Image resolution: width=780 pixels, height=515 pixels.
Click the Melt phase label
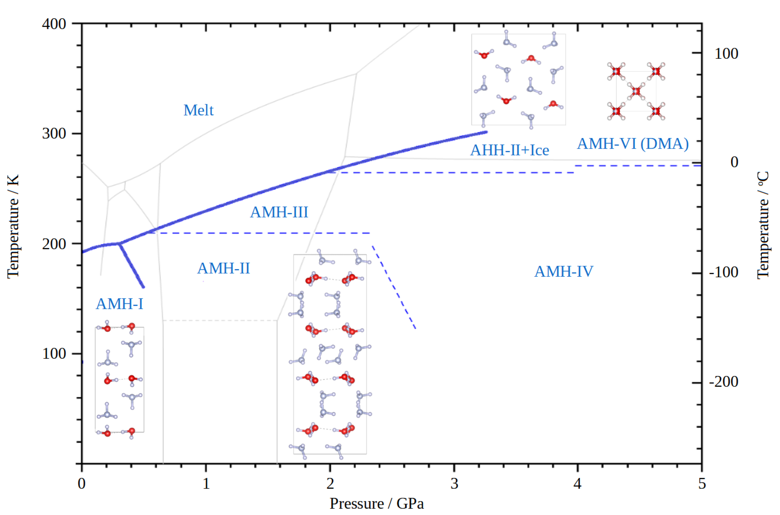click(198, 110)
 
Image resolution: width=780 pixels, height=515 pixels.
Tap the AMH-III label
click(279, 212)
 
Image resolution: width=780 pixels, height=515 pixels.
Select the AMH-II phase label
click(224, 268)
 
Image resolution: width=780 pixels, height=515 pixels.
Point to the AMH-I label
click(120, 304)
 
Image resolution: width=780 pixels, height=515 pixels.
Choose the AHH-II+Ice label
click(510, 150)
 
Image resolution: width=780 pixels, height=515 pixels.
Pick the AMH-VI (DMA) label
click(633, 144)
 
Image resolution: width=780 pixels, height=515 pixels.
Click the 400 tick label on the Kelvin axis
click(54, 24)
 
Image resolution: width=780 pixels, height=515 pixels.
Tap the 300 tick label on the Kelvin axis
click(54, 134)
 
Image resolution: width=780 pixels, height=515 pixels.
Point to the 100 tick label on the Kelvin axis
click(54, 354)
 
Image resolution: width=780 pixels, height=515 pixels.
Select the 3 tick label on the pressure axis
click(454, 484)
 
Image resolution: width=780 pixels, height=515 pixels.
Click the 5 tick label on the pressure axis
click(702, 484)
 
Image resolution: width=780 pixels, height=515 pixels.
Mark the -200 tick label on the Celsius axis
click(724, 382)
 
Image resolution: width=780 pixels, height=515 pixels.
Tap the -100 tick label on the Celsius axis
click(724, 272)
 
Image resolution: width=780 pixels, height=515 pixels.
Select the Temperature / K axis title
click(13, 227)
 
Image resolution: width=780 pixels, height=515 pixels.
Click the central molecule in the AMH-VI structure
click(636, 91)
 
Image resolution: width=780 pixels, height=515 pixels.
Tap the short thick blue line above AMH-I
click(132, 266)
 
